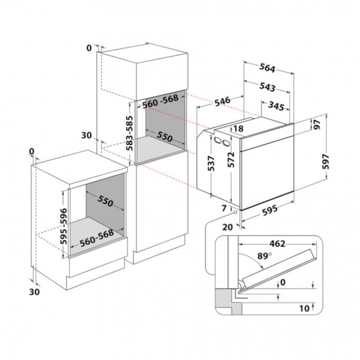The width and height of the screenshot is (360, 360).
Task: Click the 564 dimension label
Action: [267, 68]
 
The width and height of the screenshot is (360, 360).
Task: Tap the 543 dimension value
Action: [267, 87]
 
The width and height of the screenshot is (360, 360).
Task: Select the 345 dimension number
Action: [276, 106]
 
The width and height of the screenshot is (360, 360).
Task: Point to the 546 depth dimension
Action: [222, 102]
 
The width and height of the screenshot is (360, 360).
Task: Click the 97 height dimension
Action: [317, 125]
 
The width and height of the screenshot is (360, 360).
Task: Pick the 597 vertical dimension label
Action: [326, 162]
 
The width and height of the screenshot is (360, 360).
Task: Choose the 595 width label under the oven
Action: [270, 210]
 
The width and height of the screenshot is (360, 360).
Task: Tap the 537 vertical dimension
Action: [211, 163]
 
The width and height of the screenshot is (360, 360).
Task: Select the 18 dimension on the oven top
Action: [238, 129]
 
